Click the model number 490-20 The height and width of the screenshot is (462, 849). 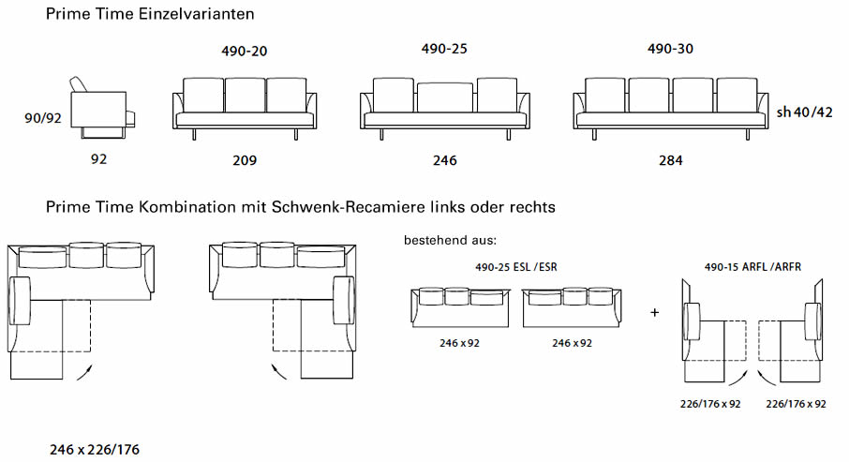[x=245, y=52]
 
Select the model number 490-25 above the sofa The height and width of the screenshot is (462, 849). [x=444, y=49]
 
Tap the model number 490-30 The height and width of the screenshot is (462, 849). [x=670, y=49]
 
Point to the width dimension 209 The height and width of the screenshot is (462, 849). [x=245, y=160]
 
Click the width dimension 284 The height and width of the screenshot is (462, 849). [x=670, y=160]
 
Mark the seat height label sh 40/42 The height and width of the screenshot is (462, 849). [x=804, y=112]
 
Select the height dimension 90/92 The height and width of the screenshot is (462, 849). [x=44, y=118]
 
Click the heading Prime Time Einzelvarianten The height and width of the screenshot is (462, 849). [x=149, y=14]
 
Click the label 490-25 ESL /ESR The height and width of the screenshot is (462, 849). [x=516, y=267]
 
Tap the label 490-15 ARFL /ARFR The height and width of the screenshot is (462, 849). [x=752, y=267]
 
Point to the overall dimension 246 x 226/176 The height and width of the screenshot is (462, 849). [x=95, y=450]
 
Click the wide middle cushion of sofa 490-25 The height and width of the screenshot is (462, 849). [x=444, y=97]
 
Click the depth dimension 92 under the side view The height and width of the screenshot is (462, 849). [x=99, y=159]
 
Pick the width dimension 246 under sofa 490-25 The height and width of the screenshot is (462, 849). [x=444, y=160]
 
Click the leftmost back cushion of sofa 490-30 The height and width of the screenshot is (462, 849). [x=604, y=94]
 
